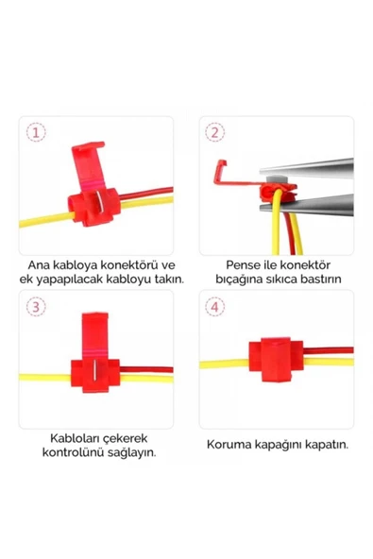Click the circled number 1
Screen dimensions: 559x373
36,133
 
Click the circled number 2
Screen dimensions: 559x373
215,133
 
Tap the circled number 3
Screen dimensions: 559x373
36,306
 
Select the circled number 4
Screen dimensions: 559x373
215,306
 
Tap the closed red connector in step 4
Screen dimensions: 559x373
274,360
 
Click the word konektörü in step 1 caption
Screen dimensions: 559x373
127,265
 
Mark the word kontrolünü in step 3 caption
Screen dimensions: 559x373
69,452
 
